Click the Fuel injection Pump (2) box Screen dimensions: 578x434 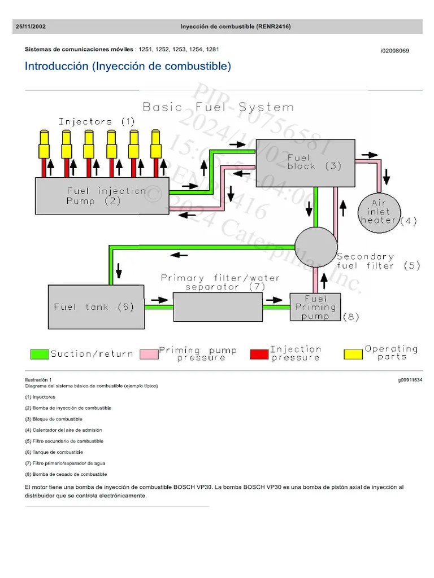pyautogui.click(x=102, y=195)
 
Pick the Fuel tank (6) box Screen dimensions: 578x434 pyautogui.click(x=96, y=306)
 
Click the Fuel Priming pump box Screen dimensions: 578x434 pyautogui.click(x=315, y=307)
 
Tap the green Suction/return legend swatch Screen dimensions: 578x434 pyautogui.click(x=39, y=354)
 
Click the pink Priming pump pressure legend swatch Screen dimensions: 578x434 pyautogui.click(x=149, y=354)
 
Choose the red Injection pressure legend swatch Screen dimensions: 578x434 pyautogui.click(x=259, y=354)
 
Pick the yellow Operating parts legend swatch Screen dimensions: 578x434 pyautogui.click(x=353, y=354)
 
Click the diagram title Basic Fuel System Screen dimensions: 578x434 pyautogui.click(x=218, y=107)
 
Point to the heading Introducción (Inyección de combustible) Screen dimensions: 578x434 pyautogui.click(x=128, y=67)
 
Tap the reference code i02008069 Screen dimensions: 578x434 pyautogui.click(x=394, y=51)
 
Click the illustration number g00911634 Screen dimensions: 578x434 pyautogui.click(x=410, y=380)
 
